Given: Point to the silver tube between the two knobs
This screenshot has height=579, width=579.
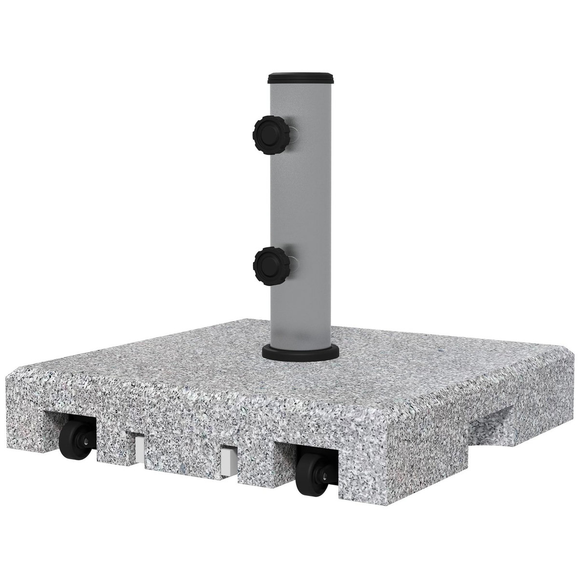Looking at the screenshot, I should tap(302, 203).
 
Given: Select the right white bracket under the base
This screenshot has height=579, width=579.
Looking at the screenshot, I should tap(226, 463).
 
